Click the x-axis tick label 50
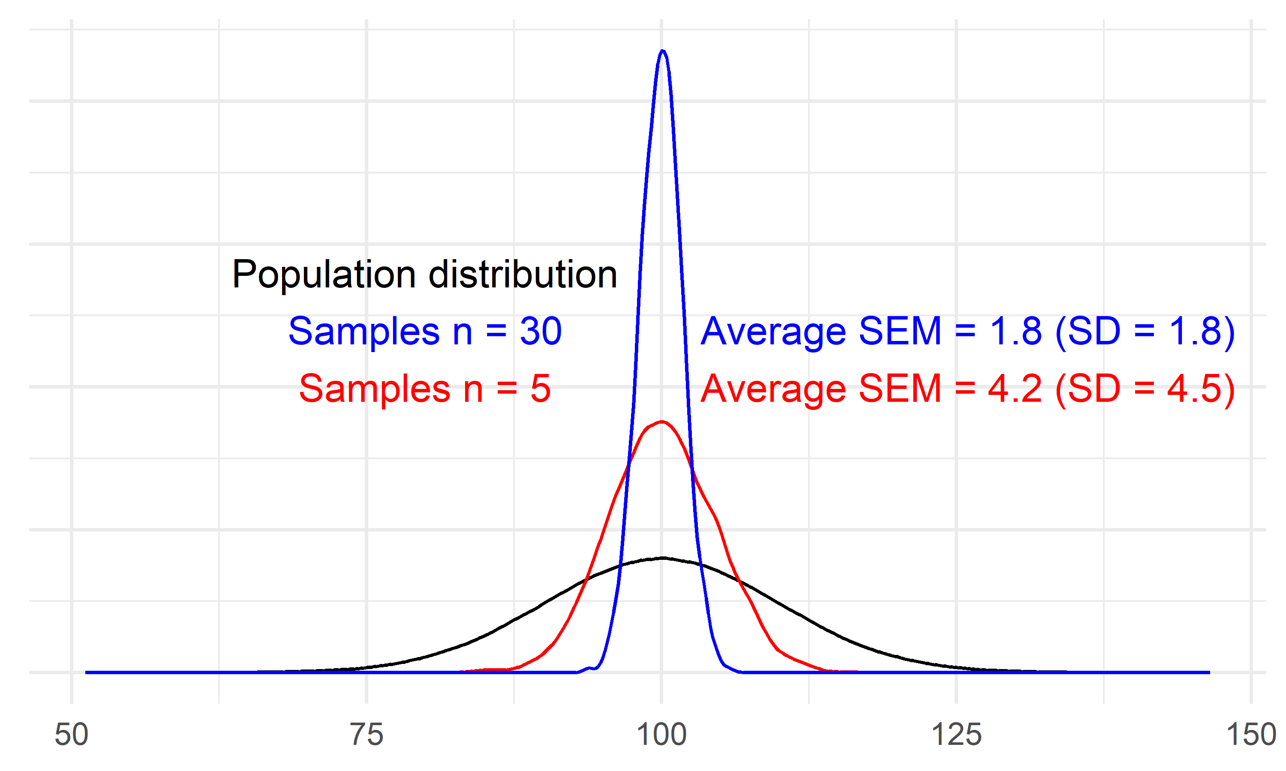point(72,735)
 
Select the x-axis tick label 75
point(367,735)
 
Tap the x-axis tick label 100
point(661,735)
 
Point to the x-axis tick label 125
point(956,735)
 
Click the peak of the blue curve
point(662,51)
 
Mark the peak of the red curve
point(661,421)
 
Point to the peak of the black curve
point(662,558)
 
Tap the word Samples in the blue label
point(364,332)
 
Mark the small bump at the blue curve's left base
point(589,668)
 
